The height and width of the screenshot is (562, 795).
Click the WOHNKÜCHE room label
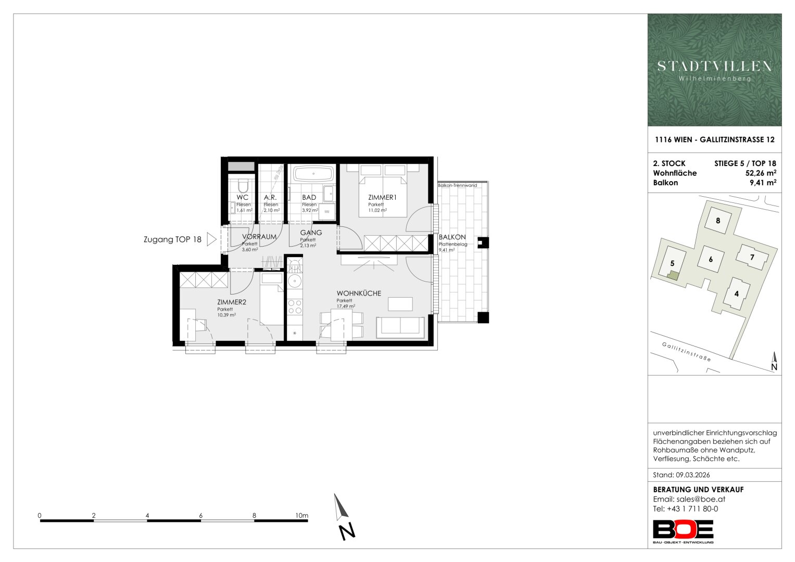click(x=359, y=293)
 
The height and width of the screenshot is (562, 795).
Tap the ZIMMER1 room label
click(x=382, y=197)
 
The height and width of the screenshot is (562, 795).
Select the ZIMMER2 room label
click(x=231, y=302)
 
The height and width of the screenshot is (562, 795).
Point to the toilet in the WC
click(x=243, y=186)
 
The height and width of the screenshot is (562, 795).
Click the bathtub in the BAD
click(x=313, y=174)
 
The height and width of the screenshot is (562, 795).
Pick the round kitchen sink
click(x=295, y=282)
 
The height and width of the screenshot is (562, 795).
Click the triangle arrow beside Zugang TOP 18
click(x=211, y=239)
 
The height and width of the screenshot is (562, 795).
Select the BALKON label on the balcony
click(x=452, y=237)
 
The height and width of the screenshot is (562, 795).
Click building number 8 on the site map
click(x=718, y=221)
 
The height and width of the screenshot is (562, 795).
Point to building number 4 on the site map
click(x=737, y=294)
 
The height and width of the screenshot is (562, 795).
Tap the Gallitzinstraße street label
click(x=686, y=352)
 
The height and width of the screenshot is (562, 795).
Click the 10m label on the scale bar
click(x=301, y=516)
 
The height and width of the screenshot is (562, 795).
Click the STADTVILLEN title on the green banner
click(x=714, y=67)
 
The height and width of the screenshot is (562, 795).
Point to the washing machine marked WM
click(x=327, y=212)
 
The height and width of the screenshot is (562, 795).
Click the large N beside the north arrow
click(x=347, y=532)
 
